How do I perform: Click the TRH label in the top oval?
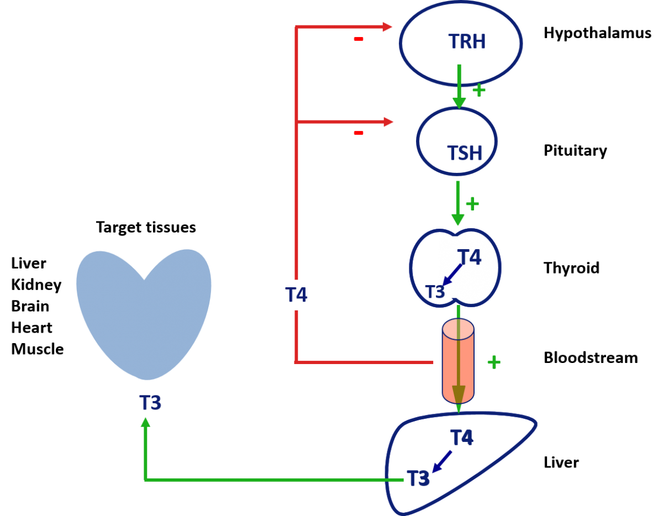(x=467, y=42)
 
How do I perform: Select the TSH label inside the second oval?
(x=464, y=153)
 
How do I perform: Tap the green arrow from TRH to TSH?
(x=459, y=86)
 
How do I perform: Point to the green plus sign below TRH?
(x=479, y=90)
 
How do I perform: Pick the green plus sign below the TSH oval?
(x=472, y=204)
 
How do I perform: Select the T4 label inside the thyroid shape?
(x=469, y=257)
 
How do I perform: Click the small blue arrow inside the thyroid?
(x=452, y=275)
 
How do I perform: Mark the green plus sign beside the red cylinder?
(x=494, y=362)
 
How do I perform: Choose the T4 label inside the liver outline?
(x=462, y=438)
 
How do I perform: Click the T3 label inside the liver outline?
(x=418, y=478)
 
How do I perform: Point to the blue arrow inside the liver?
(x=442, y=462)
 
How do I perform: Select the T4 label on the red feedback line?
(x=296, y=295)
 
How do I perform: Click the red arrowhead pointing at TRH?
(x=387, y=27)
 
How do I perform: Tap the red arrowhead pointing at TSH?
(x=388, y=122)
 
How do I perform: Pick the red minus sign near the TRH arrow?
(x=359, y=39)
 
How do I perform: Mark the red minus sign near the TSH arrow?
(x=359, y=133)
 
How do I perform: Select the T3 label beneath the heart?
(x=150, y=403)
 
